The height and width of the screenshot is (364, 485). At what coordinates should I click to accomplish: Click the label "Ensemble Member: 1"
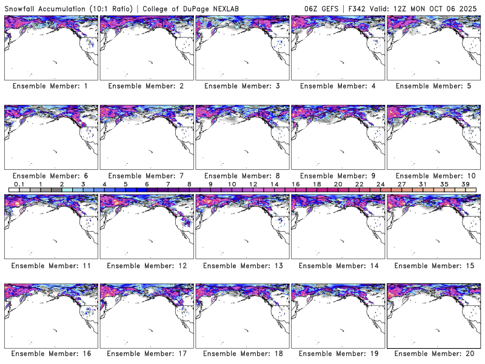(x=50, y=86)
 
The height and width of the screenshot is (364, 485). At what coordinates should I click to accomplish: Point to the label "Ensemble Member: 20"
(x=433, y=353)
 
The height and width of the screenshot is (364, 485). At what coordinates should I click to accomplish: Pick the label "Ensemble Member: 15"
(x=433, y=266)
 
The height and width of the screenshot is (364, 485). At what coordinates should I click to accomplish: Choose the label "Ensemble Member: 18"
(x=241, y=353)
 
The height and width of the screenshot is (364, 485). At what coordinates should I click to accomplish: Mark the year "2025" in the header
(x=469, y=7)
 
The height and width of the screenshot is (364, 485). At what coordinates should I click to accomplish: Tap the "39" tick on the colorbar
(x=465, y=184)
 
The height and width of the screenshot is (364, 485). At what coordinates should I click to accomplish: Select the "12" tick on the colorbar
(x=253, y=184)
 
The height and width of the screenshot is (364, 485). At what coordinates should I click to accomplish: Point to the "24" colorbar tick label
(x=380, y=184)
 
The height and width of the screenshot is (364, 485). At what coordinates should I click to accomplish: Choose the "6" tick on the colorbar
(x=147, y=184)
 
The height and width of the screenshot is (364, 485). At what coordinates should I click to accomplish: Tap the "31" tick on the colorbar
(x=423, y=184)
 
